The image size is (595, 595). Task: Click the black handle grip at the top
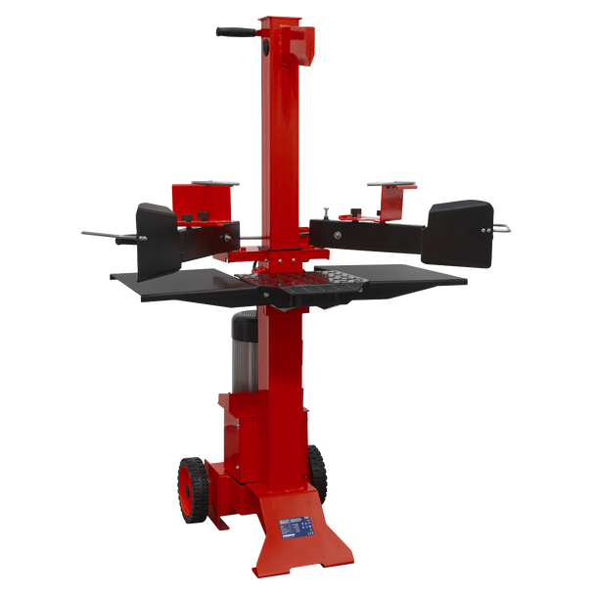pos(234,33)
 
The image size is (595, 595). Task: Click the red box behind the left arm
pos(202,203)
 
